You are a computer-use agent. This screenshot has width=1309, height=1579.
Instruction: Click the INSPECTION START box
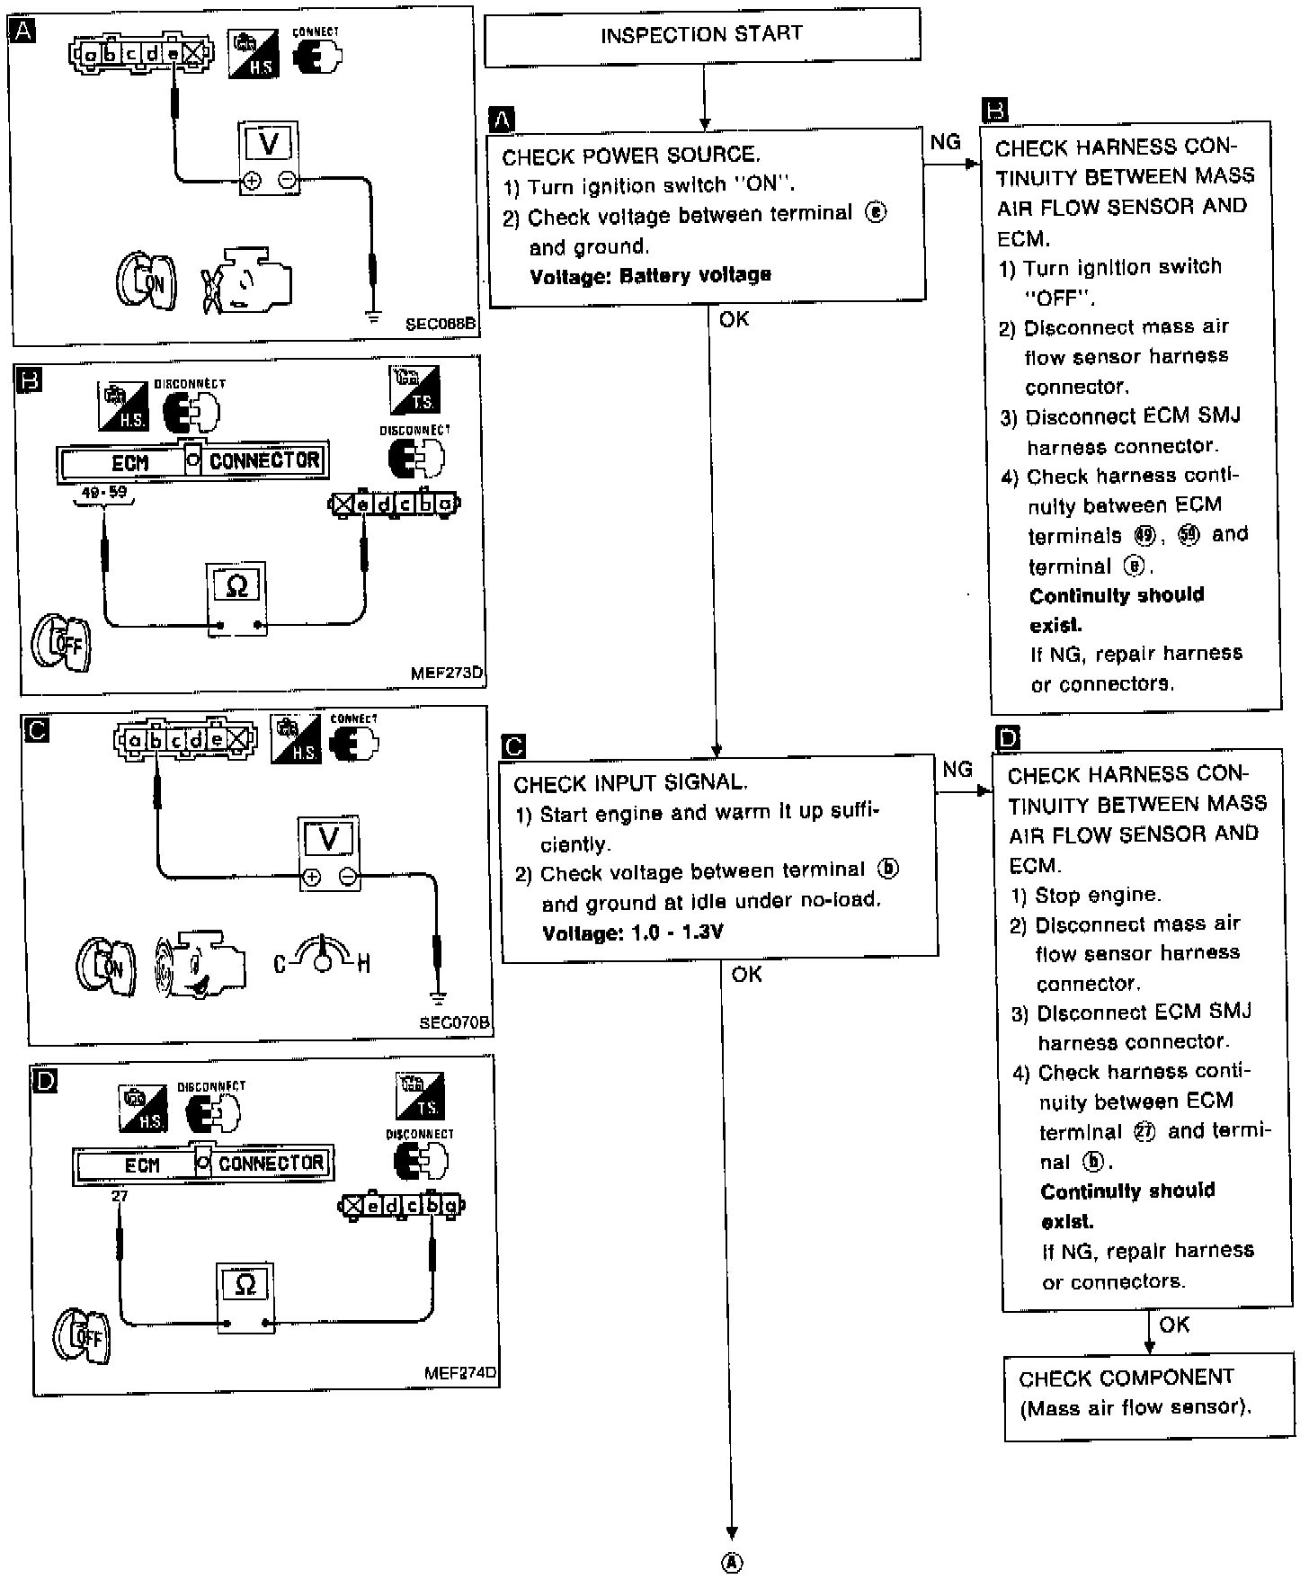pyautogui.click(x=702, y=36)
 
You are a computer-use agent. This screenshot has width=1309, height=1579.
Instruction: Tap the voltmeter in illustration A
pyautogui.click(x=269, y=158)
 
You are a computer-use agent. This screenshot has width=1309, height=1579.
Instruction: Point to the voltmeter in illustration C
pyautogui.click(x=329, y=853)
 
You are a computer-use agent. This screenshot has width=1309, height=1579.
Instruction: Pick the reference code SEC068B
pyautogui.click(x=440, y=324)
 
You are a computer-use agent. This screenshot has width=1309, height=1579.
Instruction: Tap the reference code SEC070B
pyautogui.click(x=455, y=1022)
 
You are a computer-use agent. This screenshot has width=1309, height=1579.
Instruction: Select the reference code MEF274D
pyautogui.click(x=459, y=1373)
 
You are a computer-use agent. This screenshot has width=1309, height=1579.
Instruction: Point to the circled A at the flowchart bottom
pyautogui.click(x=733, y=1563)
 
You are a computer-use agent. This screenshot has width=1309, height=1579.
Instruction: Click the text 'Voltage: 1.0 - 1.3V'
pyautogui.click(x=632, y=932)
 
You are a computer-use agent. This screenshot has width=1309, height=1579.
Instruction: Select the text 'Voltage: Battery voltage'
pyautogui.click(x=650, y=275)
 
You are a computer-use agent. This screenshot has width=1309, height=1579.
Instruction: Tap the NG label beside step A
pyautogui.click(x=945, y=142)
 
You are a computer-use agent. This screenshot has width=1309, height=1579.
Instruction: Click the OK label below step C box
pyautogui.click(x=746, y=974)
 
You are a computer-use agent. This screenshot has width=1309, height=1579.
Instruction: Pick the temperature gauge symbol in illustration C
pyautogui.click(x=322, y=958)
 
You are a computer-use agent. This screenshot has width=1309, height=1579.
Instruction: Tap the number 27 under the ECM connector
pyautogui.click(x=120, y=1196)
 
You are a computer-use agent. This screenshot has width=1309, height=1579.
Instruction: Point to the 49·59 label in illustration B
pyautogui.click(x=104, y=493)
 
